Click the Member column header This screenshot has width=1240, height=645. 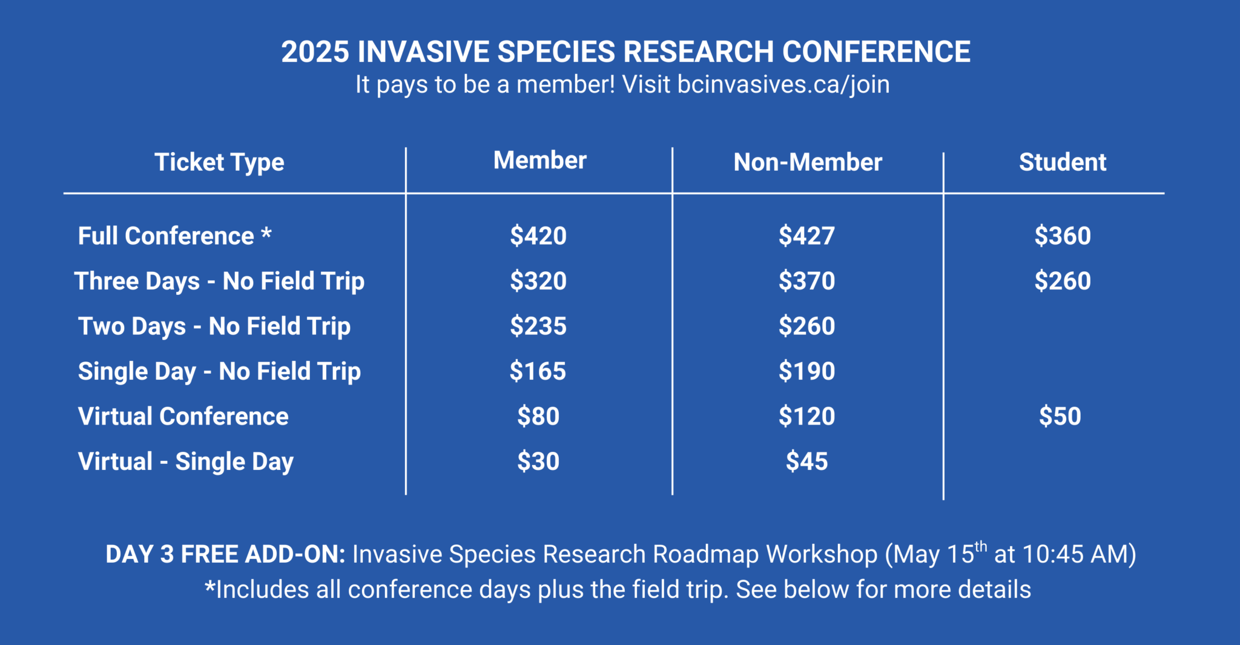[539, 160]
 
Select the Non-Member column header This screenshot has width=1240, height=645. [808, 162]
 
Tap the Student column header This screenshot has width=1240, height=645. [1062, 162]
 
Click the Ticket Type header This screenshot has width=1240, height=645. [219, 162]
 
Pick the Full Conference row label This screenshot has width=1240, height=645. [166, 236]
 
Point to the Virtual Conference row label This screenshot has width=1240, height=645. [183, 417]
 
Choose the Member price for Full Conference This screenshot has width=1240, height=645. [538, 236]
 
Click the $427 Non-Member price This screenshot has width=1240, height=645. [806, 236]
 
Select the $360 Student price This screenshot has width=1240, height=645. [1062, 236]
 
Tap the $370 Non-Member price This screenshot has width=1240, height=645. [806, 281]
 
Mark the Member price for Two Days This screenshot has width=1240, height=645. [538, 326]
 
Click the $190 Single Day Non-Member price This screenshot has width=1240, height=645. [806, 371]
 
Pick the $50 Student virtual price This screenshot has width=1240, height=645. [1060, 417]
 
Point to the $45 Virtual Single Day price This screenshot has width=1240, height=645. [806, 461]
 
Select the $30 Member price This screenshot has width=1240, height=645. [538, 461]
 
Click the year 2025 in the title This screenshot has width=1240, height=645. [315, 52]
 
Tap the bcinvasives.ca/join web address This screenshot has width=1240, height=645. [783, 85]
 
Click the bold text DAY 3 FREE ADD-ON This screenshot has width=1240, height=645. [225, 555]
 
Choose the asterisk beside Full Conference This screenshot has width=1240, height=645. [266, 233]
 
